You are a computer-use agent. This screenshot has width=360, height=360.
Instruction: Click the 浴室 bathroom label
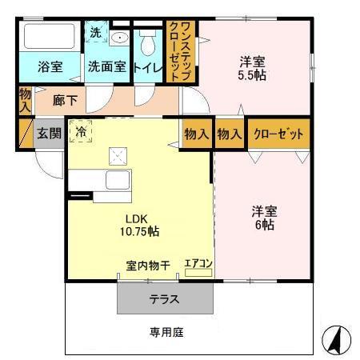click(x=50, y=67)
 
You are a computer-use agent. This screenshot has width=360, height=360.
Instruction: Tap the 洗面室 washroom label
click(x=106, y=67)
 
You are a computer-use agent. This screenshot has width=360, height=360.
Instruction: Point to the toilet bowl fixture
click(x=147, y=42)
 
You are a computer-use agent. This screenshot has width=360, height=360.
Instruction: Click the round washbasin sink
click(x=119, y=38)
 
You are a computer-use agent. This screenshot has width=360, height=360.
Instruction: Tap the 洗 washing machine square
click(x=95, y=34)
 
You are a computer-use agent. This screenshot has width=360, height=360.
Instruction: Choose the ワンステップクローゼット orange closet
click(x=180, y=51)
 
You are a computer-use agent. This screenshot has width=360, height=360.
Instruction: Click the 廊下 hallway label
click(x=65, y=101)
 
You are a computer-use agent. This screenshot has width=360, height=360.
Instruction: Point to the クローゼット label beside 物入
click(x=278, y=134)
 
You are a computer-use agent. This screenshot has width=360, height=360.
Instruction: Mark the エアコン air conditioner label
click(x=198, y=262)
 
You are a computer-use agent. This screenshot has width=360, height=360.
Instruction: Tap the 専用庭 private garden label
click(x=166, y=331)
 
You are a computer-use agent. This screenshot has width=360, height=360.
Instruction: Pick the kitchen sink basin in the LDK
click(x=117, y=181)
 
